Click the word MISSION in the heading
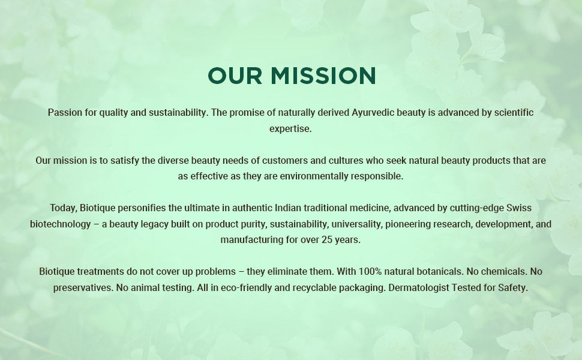point(323,76)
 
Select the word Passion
point(65,112)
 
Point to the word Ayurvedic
point(373,113)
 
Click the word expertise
point(290,129)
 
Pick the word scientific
point(514,112)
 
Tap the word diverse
point(173,161)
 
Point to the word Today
point(64,208)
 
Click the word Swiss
point(519,208)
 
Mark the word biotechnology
point(61,224)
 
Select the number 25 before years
point(326,240)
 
